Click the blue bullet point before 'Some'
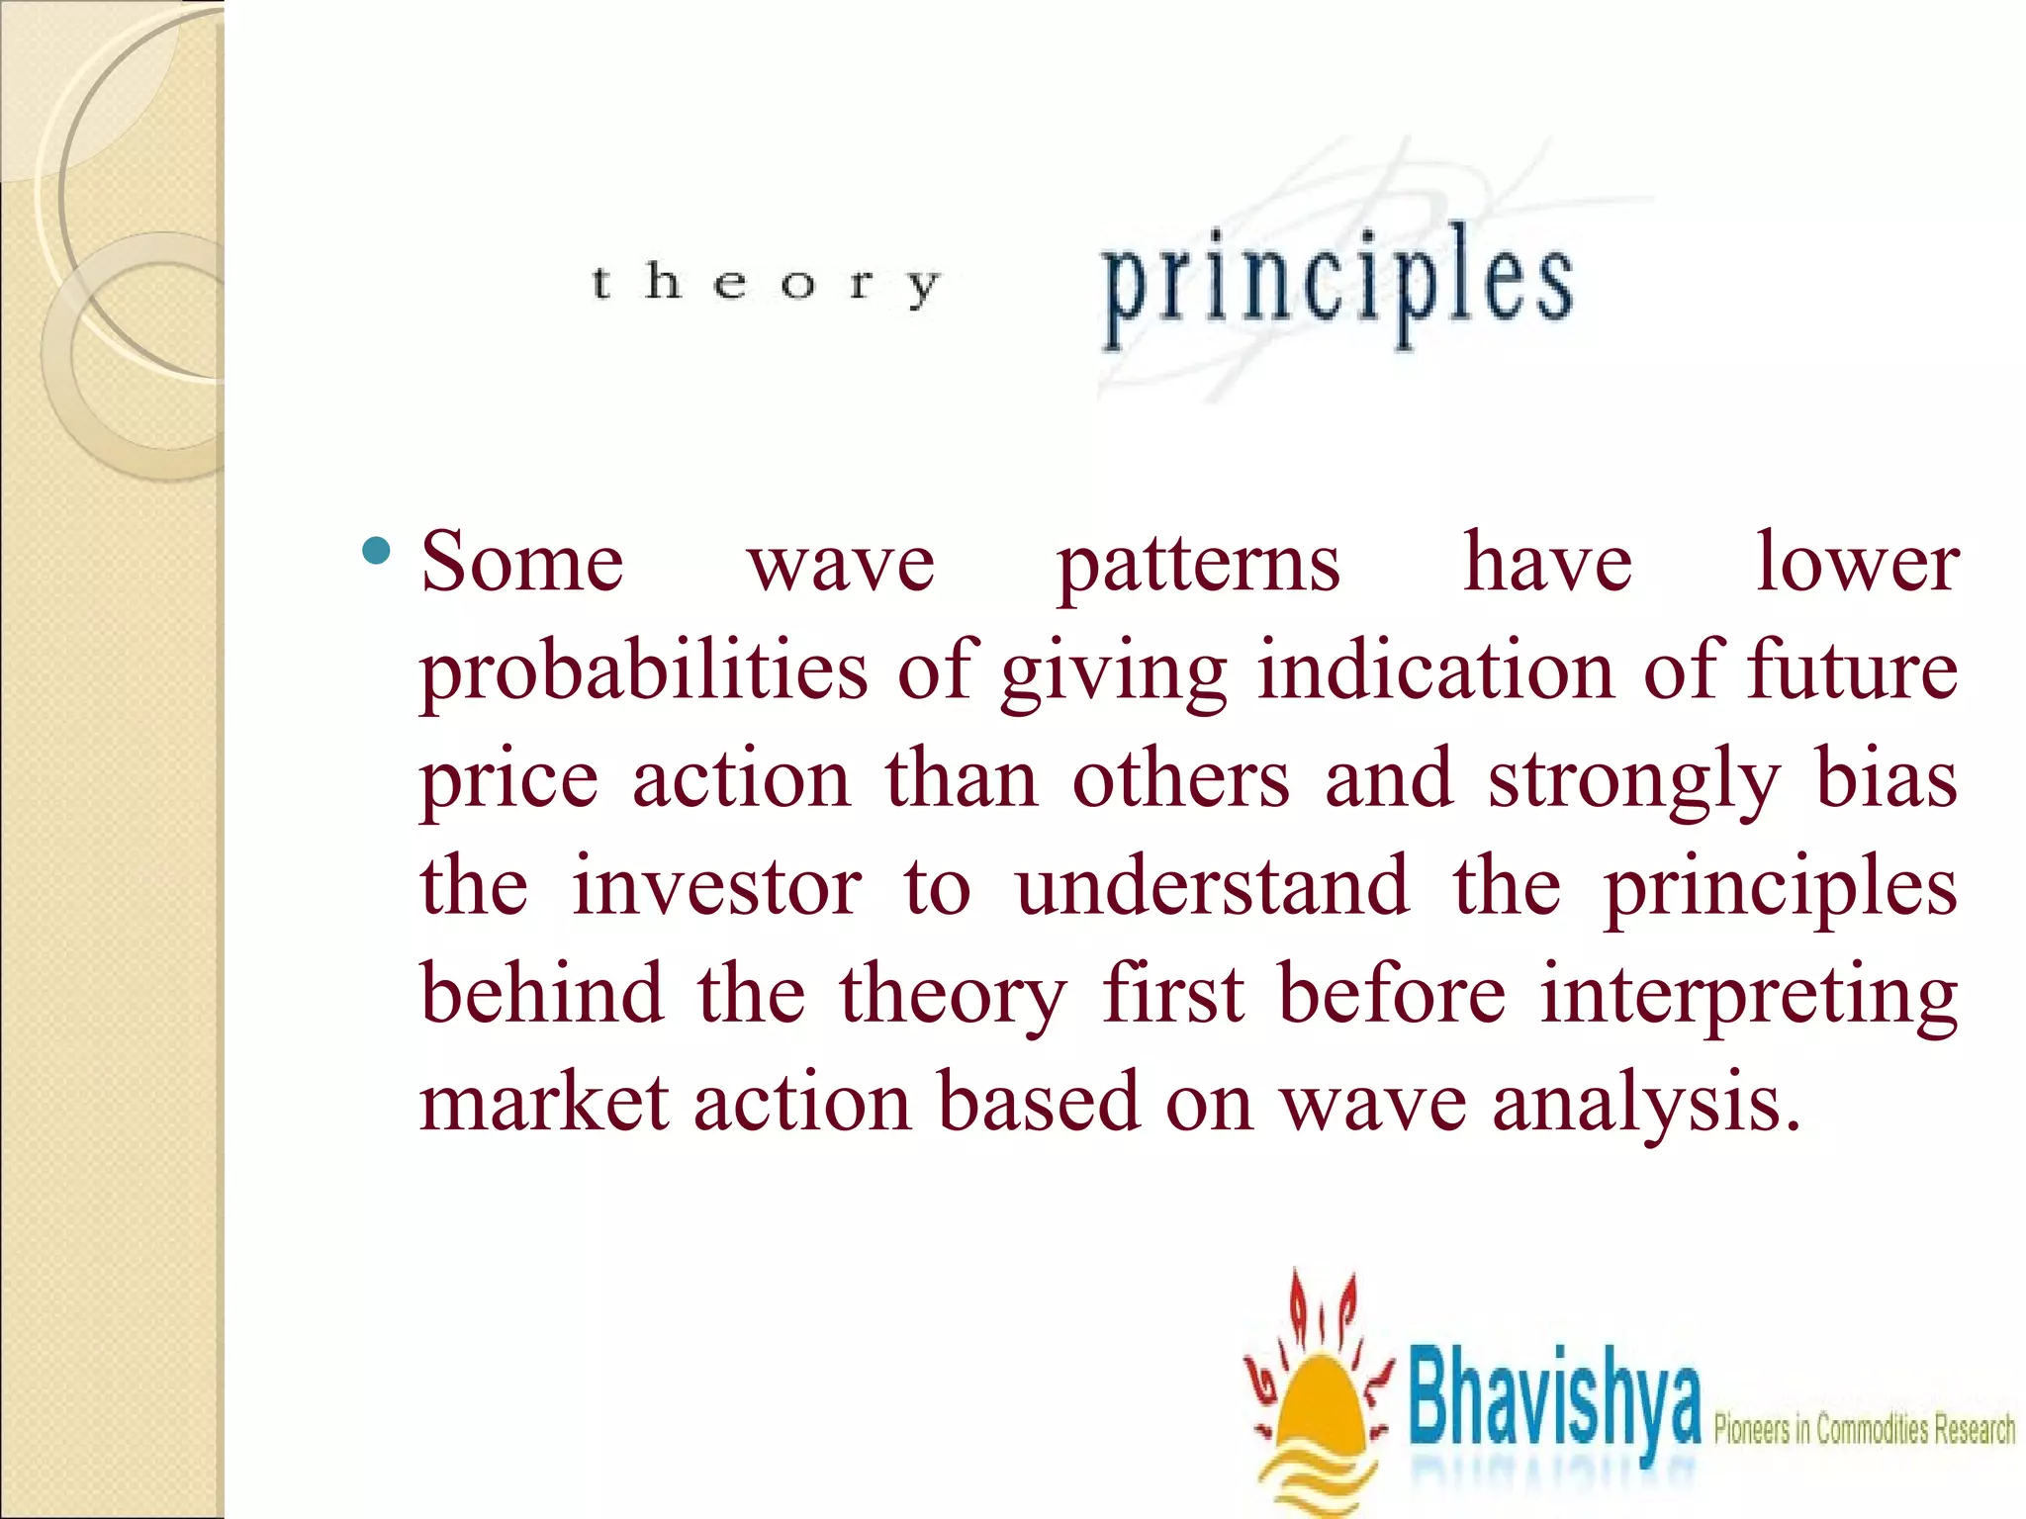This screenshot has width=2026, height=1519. click(x=376, y=550)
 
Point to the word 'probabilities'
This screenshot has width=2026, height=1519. click(x=644, y=672)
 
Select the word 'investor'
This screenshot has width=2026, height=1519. click(x=716, y=886)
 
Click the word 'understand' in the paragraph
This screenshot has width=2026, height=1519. click(x=1213, y=886)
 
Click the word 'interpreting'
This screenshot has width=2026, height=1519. click(x=1749, y=997)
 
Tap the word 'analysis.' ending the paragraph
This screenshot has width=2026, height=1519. click(x=1646, y=1106)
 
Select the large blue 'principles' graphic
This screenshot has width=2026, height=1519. click(x=1337, y=287)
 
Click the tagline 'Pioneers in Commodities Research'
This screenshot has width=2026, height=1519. click(x=1864, y=1429)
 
